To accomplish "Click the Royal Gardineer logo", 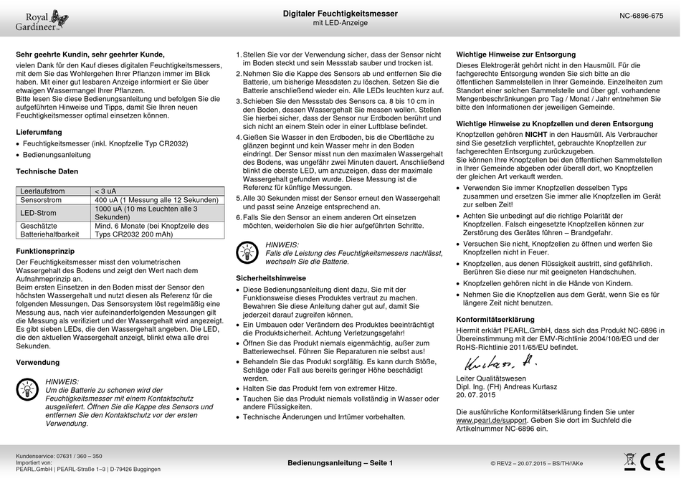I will coord(42,20).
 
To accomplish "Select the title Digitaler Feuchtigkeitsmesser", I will coord(340,14).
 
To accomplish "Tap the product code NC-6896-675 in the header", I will coord(641,15).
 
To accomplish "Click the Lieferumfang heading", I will coord(39,133).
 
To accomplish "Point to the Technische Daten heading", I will coord(47,172).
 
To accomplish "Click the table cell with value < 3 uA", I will coord(105,191).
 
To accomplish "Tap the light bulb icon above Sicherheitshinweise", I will coord(247,250).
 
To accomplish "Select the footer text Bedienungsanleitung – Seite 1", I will coord(340,463).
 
